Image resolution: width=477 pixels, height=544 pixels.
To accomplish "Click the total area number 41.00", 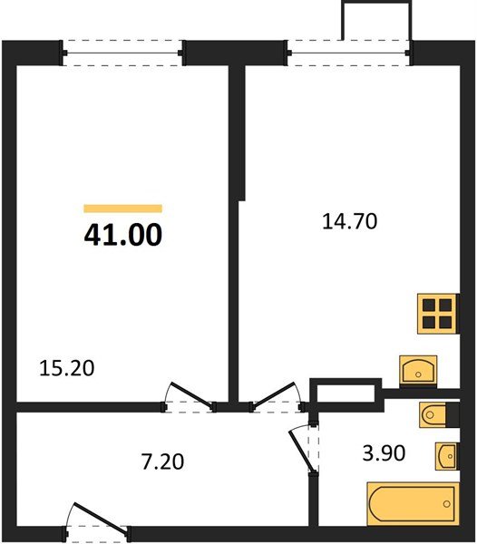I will tap(123, 235).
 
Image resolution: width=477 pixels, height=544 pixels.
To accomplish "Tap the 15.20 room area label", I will tap(68, 368).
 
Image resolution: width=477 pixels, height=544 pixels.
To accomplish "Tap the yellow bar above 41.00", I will tap(123, 209).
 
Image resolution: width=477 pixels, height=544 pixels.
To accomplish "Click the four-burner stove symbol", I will tap(436, 314).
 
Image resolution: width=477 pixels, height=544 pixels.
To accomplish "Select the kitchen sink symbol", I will tap(417, 370).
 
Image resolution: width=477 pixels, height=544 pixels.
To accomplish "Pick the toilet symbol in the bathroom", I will tap(433, 415).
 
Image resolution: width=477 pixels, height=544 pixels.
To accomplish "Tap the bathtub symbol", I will tap(414, 504).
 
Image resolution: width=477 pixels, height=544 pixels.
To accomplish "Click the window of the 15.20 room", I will tap(125, 52).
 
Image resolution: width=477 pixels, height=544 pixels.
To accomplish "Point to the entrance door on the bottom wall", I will tap(97, 520).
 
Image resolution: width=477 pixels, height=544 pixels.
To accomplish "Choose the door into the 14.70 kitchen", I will tap(277, 396).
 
